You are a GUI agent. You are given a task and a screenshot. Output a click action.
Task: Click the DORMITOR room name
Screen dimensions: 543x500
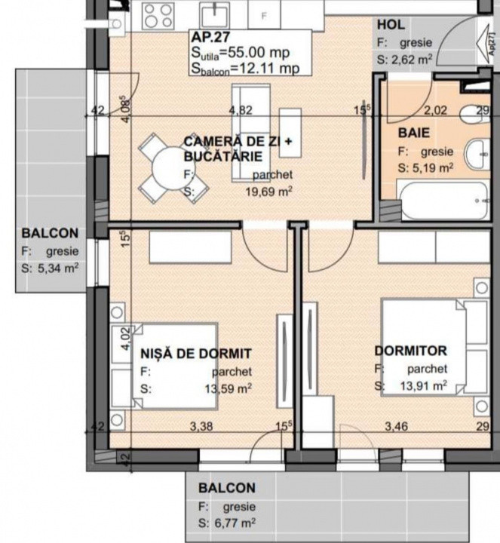[x=411, y=351]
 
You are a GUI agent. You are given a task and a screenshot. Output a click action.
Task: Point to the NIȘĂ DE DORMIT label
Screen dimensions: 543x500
[x=195, y=353]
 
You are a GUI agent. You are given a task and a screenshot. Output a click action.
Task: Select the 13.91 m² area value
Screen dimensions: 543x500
[x=427, y=386]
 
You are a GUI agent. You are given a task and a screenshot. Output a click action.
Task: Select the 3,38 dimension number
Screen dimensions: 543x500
[x=201, y=427]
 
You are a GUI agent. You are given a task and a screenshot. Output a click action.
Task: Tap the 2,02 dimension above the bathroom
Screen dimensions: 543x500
[x=434, y=110]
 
